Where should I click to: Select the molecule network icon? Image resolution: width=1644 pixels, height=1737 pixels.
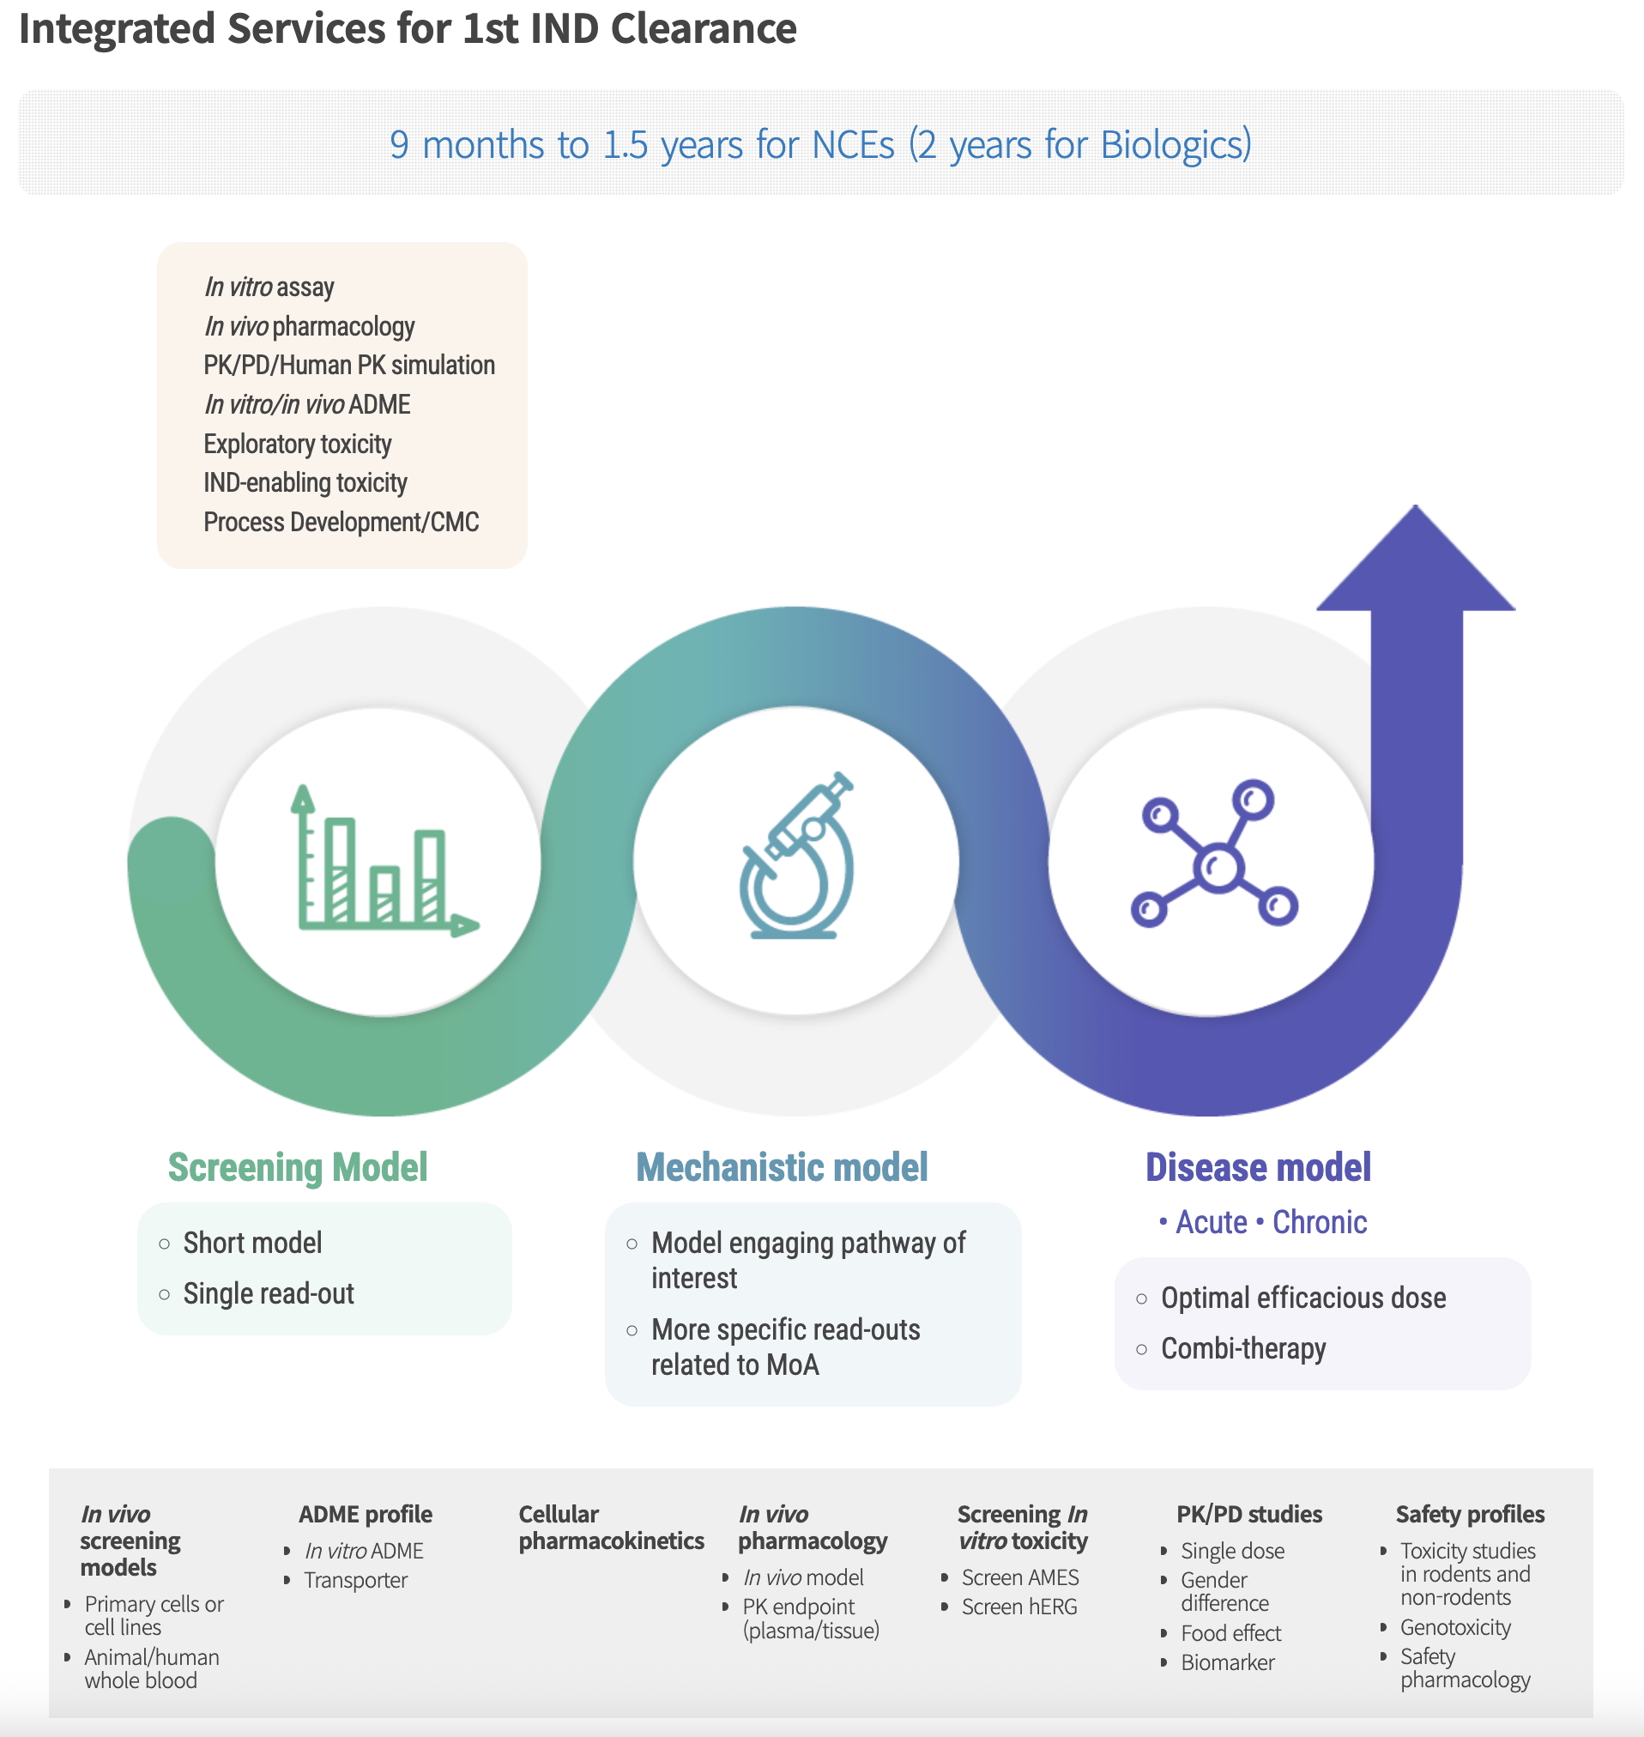pos(1214,855)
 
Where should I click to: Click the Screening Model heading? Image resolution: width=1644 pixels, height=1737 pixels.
pos(298,1167)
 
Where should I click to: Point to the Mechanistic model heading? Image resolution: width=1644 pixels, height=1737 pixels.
pos(782,1167)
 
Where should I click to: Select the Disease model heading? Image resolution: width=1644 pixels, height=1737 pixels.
pos(1258,1167)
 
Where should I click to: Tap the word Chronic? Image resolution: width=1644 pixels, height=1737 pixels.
pos(1319,1222)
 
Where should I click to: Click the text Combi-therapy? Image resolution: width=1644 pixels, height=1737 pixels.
pos(1242,1348)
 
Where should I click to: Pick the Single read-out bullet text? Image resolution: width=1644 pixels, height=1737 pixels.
pos(269,1293)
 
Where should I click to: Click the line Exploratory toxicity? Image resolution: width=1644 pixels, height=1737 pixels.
pos(297,444)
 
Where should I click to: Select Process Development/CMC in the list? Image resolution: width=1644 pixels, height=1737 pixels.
pos(341,523)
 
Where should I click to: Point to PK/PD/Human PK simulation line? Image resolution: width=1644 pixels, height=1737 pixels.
pos(348,366)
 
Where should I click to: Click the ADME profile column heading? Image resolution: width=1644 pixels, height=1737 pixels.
pos(366,1515)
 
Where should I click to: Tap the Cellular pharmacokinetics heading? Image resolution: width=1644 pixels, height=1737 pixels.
pos(611,1528)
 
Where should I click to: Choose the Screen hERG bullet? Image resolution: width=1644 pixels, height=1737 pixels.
pos(1019,1607)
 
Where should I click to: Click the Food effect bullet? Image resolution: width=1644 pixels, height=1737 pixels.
pos(1230,1632)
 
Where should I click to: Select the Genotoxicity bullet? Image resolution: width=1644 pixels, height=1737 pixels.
pos(1454,1627)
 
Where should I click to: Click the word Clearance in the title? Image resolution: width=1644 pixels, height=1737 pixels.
pos(703,28)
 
